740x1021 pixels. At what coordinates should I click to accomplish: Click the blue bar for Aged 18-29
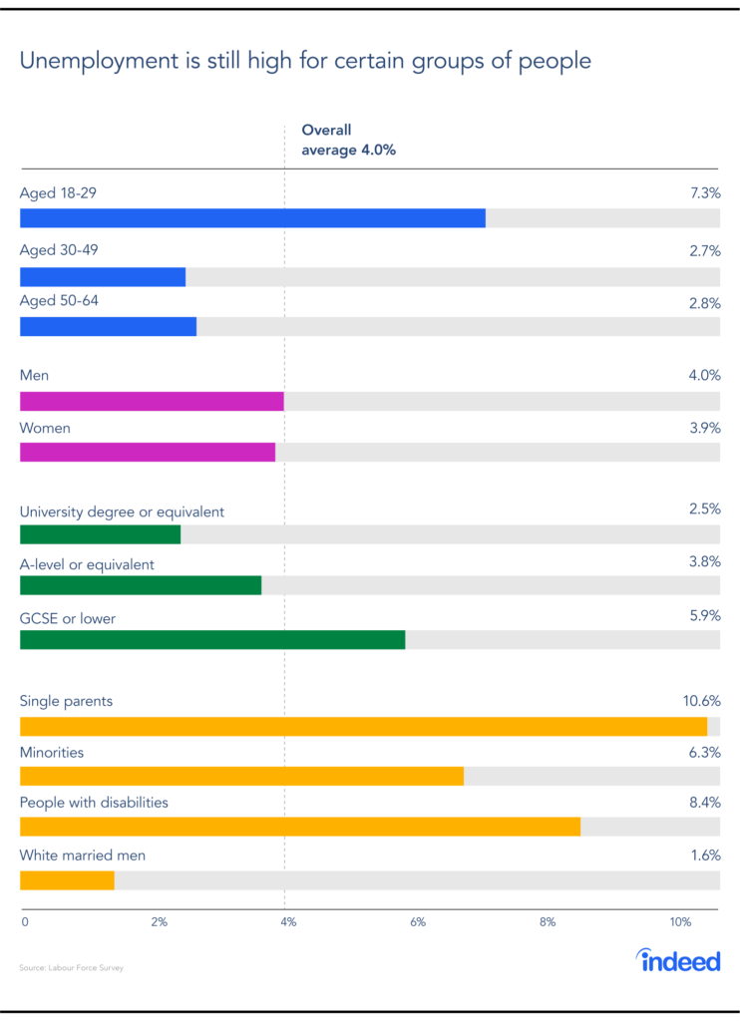point(252,218)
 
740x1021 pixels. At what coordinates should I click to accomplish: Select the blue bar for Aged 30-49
point(103,277)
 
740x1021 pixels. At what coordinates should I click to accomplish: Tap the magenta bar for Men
point(152,402)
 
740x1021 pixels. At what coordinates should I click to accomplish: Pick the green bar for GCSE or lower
point(212,639)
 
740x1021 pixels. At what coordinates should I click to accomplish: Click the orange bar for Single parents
point(363,727)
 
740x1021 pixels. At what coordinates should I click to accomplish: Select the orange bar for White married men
point(67,880)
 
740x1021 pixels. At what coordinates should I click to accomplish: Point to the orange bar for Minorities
point(241,776)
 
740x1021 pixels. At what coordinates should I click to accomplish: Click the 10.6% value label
point(701,701)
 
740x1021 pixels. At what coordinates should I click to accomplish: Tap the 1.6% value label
point(705,855)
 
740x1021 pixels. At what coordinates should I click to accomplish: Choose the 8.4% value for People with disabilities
point(704,803)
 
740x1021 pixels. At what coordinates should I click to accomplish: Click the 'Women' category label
point(45,429)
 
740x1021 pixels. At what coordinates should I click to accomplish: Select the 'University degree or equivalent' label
point(122,511)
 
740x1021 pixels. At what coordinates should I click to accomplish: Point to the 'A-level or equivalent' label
point(87,564)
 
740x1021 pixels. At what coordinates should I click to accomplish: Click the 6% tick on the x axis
point(418,922)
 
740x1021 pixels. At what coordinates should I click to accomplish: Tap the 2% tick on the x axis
point(159,922)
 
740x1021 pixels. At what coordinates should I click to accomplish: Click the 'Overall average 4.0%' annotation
point(350,141)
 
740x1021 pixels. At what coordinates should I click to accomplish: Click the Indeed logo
point(678,961)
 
